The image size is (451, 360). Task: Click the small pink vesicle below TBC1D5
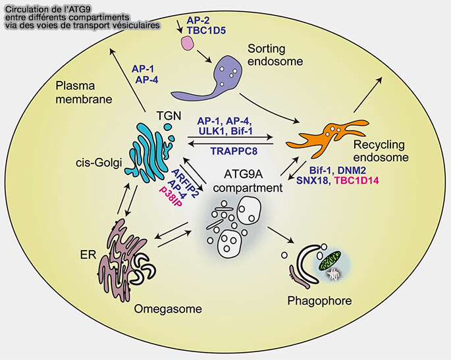(188, 43)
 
